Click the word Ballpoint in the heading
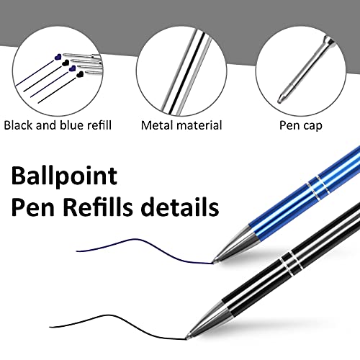pyautogui.click(x=64, y=176)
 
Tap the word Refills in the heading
pyautogui.click(x=98, y=207)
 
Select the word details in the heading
pyautogui.click(x=180, y=207)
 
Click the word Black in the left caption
pyautogui.click(x=18, y=125)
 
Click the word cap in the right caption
pyautogui.click(x=312, y=126)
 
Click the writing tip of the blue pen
pyautogui.click(x=215, y=262)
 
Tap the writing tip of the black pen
pyautogui.click(x=187, y=338)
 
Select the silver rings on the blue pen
pyautogui.click(x=317, y=188)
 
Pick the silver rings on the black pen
pyautogui.click(x=290, y=264)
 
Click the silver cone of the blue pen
pyautogui.click(x=236, y=245)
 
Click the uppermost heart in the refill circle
pyautogui.click(x=58, y=57)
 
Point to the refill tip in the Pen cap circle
pyautogui.click(x=281, y=99)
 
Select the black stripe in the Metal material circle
pyautogui.click(x=186, y=72)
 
